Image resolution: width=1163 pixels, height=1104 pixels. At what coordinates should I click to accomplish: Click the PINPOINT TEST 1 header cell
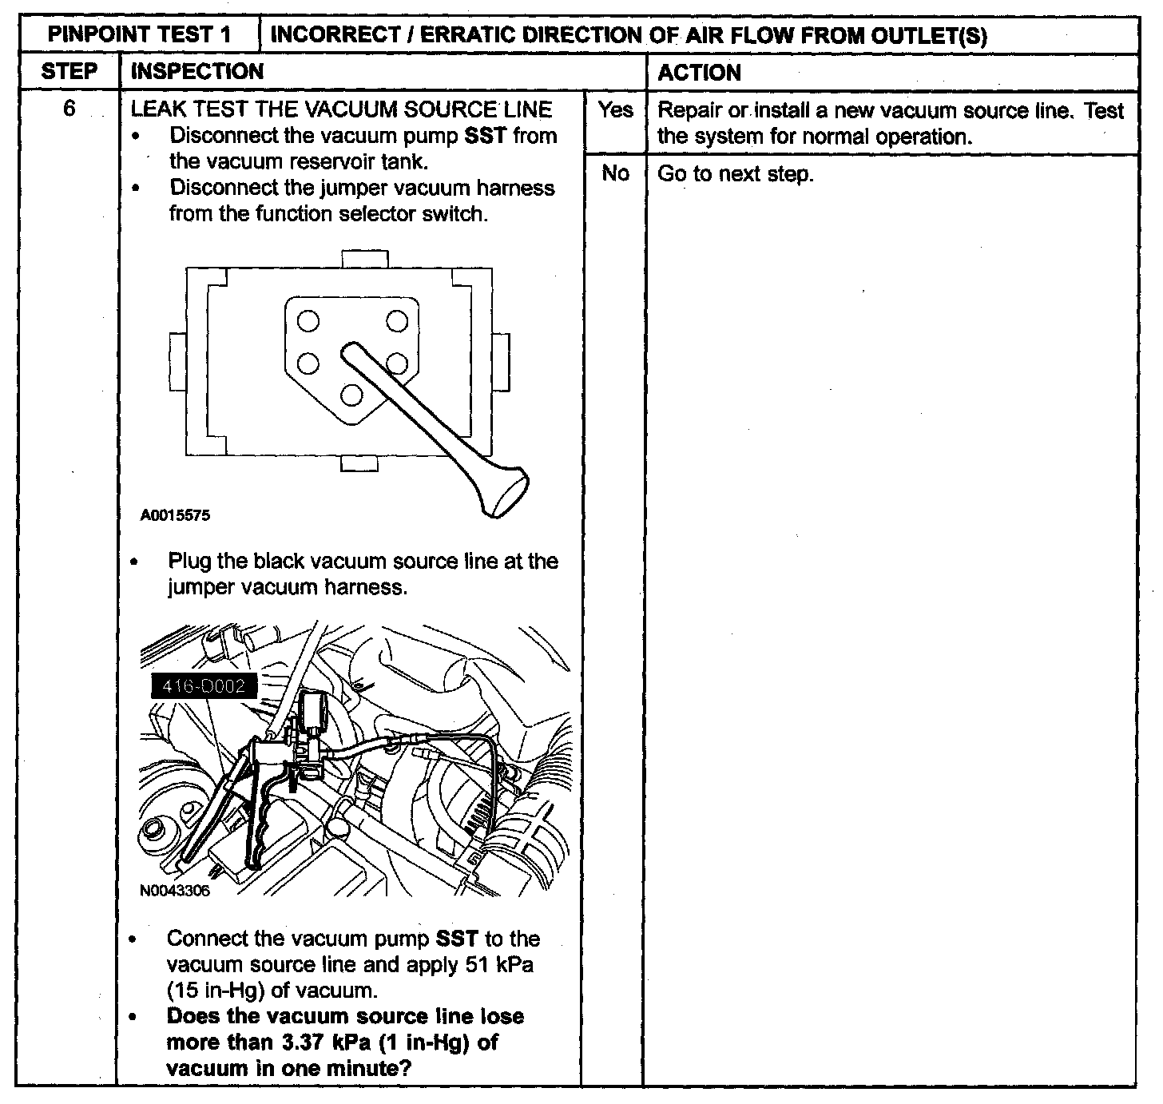tap(140, 35)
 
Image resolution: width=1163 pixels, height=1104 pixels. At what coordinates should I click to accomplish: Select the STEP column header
tap(69, 72)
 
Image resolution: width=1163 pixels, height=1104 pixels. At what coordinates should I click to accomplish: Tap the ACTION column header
tap(699, 73)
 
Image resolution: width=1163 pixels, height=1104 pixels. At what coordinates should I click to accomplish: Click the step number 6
tap(69, 109)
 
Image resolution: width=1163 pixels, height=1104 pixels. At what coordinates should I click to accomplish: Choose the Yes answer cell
tap(614, 110)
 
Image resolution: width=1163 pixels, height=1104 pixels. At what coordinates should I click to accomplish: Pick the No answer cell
tap(614, 173)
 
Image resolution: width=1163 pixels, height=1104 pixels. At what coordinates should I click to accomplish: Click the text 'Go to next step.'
tap(735, 174)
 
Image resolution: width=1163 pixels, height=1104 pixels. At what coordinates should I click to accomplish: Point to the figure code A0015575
tap(176, 515)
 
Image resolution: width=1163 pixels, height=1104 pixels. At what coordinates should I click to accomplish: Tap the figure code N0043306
tap(175, 891)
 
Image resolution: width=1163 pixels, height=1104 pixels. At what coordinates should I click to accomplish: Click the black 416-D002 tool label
tap(204, 685)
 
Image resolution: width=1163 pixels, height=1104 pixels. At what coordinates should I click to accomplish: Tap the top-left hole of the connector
tap(308, 322)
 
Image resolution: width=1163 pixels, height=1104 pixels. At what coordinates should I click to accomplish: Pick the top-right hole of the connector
tap(397, 321)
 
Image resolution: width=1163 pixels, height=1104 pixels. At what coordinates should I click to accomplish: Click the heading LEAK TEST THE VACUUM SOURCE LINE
tap(341, 109)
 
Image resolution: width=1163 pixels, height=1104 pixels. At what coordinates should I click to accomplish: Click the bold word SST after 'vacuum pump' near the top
tap(485, 136)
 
